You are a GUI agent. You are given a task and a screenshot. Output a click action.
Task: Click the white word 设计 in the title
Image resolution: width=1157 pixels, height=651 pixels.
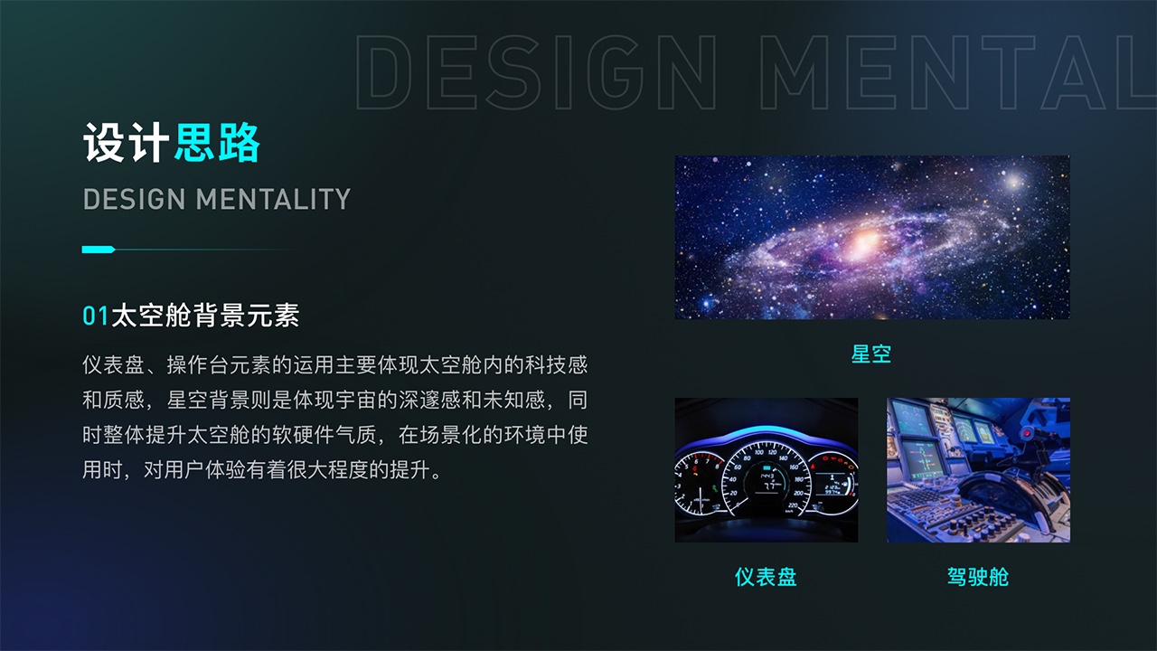coord(126,143)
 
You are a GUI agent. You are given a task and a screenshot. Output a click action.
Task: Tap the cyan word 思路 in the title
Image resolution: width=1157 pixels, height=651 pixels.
coord(217,143)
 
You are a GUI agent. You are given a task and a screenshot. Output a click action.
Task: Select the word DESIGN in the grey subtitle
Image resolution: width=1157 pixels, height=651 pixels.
coord(134,199)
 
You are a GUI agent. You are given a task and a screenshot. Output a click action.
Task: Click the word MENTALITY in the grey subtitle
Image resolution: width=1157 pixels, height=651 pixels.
coord(273,199)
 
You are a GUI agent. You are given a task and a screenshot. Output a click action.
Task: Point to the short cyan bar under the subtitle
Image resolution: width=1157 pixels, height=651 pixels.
coord(99,250)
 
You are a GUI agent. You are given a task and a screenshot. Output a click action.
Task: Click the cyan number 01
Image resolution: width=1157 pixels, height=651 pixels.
coord(96,316)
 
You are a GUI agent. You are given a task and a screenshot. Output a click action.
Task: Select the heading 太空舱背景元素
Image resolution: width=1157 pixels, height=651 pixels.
coord(205,316)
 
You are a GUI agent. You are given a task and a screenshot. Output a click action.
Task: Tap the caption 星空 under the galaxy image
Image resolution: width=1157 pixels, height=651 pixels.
coord(870,354)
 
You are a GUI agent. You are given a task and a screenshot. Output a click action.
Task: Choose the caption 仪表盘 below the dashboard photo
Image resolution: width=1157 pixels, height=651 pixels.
coord(766,577)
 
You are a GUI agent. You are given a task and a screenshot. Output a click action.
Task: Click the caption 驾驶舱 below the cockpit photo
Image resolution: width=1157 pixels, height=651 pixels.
coord(978,577)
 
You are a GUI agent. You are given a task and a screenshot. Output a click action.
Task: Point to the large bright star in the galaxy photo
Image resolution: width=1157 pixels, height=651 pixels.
coord(1013,182)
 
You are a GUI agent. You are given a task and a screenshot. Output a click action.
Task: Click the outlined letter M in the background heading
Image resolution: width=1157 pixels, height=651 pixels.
coord(795,72)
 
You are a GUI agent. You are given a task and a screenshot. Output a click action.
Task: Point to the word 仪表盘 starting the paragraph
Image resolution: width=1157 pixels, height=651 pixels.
coord(113,364)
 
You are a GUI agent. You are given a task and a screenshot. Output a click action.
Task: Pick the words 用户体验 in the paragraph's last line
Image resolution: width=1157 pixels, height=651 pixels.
coord(204,470)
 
